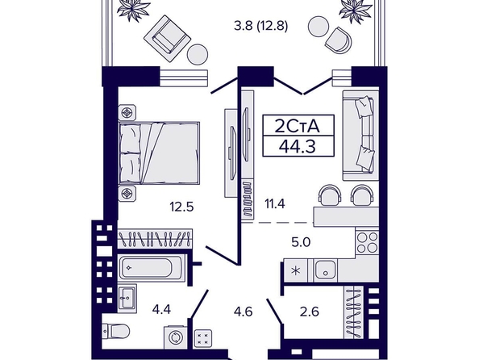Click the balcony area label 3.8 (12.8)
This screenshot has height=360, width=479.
261,26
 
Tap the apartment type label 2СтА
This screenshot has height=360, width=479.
298,126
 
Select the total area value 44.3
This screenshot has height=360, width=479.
298,147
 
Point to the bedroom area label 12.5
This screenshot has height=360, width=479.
182,207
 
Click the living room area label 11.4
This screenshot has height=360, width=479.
275,203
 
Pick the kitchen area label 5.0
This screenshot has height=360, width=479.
301,242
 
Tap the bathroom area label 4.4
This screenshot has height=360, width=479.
161,310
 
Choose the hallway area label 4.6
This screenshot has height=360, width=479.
244,312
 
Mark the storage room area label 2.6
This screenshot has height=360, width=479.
310,312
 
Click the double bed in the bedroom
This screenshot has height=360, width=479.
159,153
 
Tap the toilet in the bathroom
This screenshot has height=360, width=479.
115,331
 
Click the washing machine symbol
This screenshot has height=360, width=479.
176,337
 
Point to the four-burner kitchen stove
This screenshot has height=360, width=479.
367,242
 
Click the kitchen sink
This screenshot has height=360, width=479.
326,270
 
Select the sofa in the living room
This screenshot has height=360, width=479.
360,136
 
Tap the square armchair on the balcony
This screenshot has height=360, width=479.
167,38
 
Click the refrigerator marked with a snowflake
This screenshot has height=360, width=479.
296,271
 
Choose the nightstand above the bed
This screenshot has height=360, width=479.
127,113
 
